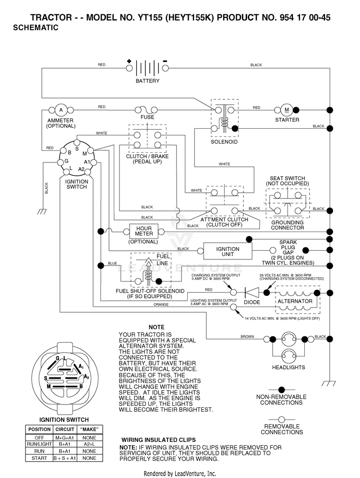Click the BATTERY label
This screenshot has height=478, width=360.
(147, 81)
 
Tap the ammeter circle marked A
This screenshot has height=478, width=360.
(61, 110)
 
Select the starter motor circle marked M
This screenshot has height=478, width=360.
(287, 110)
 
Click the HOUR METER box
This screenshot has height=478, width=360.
(144, 231)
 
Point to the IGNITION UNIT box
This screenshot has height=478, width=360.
(228, 251)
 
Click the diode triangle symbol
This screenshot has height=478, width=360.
(252, 293)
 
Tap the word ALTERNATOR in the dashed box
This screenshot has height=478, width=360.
(295, 301)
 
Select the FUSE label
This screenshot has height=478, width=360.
(147, 117)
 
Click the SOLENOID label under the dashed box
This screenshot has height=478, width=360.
(224, 142)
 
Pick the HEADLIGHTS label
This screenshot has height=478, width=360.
(288, 368)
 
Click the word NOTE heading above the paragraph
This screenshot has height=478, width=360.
(156, 327)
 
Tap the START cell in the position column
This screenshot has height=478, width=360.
(39, 458)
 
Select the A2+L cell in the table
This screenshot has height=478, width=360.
(89, 444)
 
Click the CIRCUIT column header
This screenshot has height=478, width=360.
(65, 429)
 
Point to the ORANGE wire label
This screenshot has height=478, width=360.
(161, 304)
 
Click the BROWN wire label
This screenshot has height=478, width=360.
(247, 337)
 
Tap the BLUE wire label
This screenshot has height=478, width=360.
(112, 263)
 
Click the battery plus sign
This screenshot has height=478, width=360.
(129, 61)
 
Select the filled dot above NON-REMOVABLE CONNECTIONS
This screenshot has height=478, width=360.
(282, 390)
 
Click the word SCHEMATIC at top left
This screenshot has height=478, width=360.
(36, 28)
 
